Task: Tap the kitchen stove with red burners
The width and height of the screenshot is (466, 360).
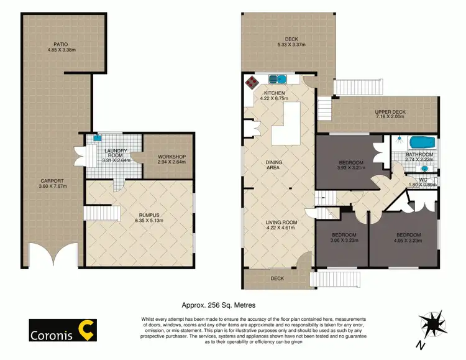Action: click(252, 83)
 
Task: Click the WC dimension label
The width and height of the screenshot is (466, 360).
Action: click(423, 182)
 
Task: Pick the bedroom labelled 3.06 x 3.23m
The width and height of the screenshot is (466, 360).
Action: click(338, 239)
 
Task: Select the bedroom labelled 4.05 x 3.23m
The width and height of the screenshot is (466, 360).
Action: click(409, 238)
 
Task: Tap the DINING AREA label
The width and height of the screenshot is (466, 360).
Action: click(274, 165)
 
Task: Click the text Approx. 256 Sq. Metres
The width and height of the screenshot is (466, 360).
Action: click(218, 305)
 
